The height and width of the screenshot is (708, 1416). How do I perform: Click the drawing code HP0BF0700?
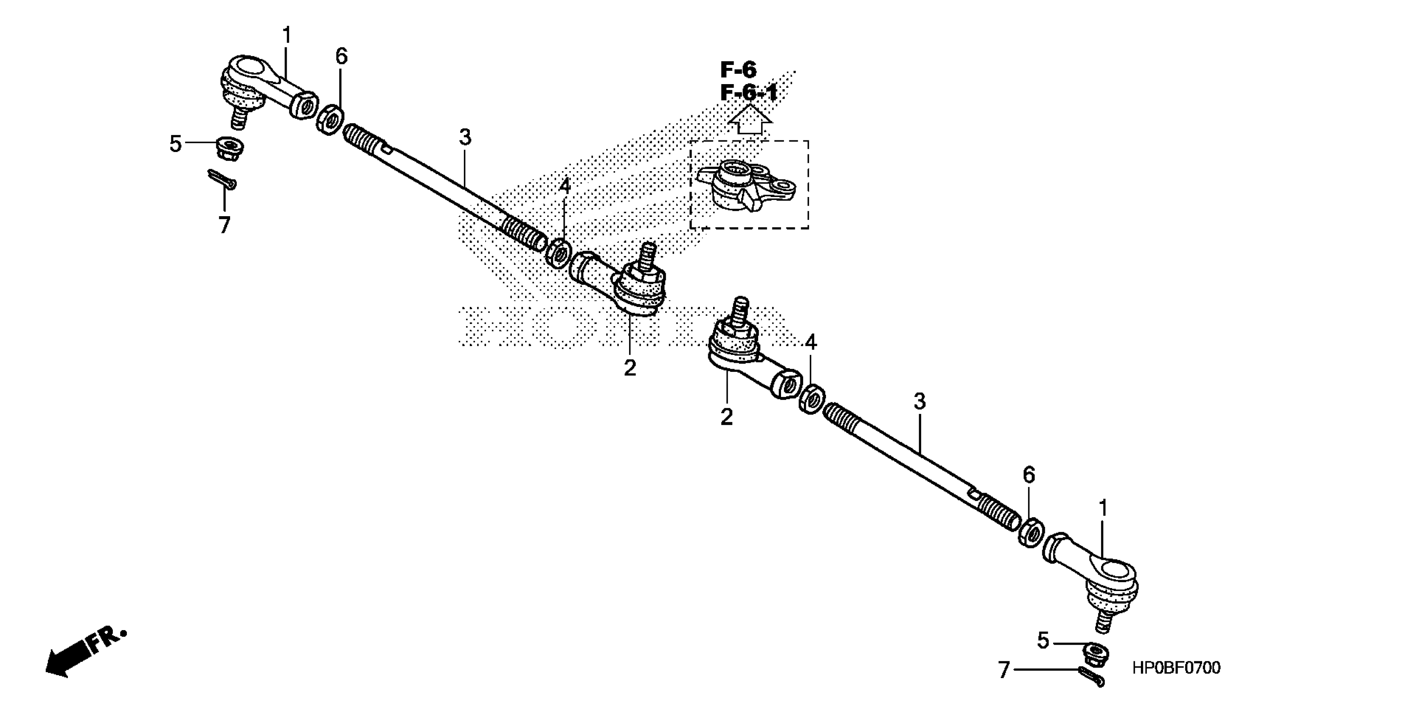[1176, 668]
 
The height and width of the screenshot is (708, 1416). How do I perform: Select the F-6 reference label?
[738, 70]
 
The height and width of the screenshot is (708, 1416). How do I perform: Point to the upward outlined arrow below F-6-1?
[750, 120]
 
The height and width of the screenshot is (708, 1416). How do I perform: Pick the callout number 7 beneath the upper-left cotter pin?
[224, 225]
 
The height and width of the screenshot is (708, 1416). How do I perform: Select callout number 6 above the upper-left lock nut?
[341, 56]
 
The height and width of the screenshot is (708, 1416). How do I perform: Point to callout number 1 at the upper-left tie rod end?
[286, 36]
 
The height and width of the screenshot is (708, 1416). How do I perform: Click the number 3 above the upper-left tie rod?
[465, 137]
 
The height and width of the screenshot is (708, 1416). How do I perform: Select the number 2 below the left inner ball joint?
[630, 367]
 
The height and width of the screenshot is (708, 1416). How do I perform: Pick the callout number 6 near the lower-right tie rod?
[1029, 475]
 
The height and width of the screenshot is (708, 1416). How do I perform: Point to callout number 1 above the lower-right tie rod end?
[1102, 509]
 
